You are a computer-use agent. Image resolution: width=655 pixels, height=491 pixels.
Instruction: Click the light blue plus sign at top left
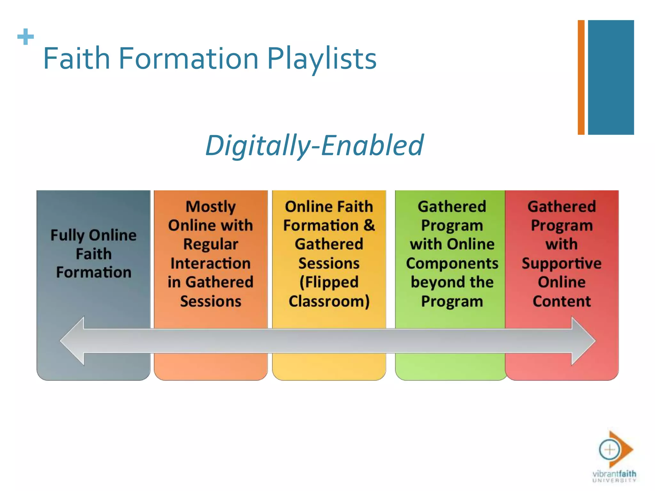click(26, 37)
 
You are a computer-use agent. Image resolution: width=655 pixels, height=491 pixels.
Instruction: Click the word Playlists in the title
click(322, 58)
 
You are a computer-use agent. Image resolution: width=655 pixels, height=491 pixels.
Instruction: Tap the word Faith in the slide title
click(77, 58)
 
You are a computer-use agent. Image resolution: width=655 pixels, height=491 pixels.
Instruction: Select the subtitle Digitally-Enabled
click(314, 145)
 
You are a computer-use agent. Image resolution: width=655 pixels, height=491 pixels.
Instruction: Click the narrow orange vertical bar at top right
click(581, 77)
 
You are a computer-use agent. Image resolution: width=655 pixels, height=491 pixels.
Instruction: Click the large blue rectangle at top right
click(611, 77)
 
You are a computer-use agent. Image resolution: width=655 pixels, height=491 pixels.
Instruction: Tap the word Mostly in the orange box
click(210, 207)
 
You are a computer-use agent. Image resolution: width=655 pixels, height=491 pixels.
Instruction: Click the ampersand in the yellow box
click(369, 225)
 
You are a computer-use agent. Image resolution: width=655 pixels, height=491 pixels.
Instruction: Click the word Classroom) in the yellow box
click(329, 301)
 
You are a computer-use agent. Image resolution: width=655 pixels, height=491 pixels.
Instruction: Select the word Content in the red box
click(562, 301)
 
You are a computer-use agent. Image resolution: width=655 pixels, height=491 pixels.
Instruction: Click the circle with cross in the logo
click(609, 450)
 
